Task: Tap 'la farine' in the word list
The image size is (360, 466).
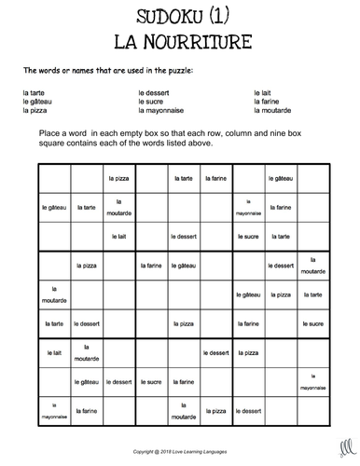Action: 267,102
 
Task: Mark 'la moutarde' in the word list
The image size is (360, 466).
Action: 272,110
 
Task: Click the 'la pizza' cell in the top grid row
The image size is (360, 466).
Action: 119,177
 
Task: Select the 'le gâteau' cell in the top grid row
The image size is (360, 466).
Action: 279,177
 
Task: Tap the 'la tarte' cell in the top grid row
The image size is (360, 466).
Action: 183,177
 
